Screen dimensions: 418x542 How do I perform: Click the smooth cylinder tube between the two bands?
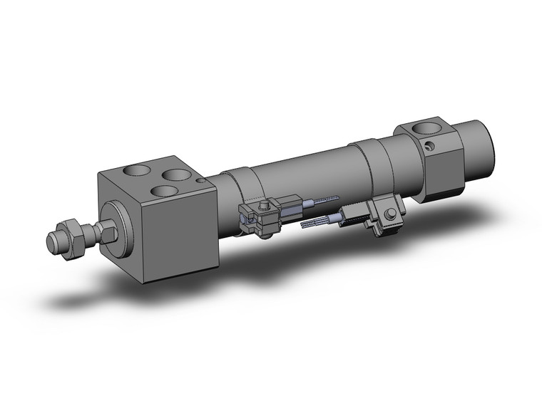tap(307, 174)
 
